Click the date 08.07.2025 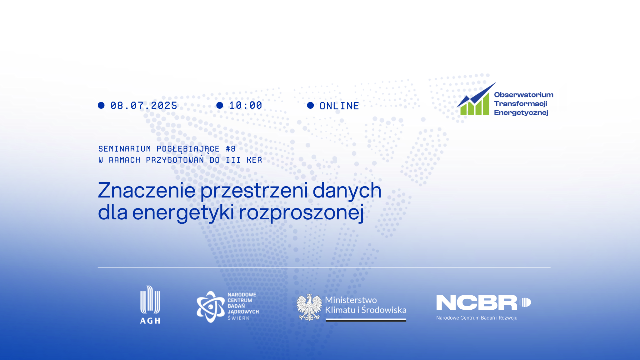pyautogui.click(x=144, y=106)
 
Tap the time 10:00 pyautogui.click(x=246, y=105)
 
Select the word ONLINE pyautogui.click(x=339, y=106)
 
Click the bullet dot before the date pyautogui.click(x=101, y=105)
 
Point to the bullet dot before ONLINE pyautogui.click(x=310, y=105)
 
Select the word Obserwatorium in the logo pyautogui.click(x=523, y=95)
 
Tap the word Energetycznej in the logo pyautogui.click(x=521, y=112)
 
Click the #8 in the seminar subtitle pyautogui.click(x=231, y=149)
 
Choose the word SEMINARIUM pyautogui.click(x=124, y=149)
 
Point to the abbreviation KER pyautogui.click(x=254, y=160)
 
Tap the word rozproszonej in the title pyautogui.click(x=301, y=213)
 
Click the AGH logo pyautogui.click(x=150, y=305)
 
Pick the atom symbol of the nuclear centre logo pyautogui.click(x=210, y=307)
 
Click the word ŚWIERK pyautogui.click(x=238, y=318)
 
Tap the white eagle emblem pyautogui.click(x=309, y=307)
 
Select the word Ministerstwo pyautogui.click(x=351, y=300)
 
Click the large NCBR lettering pyautogui.click(x=477, y=302)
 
